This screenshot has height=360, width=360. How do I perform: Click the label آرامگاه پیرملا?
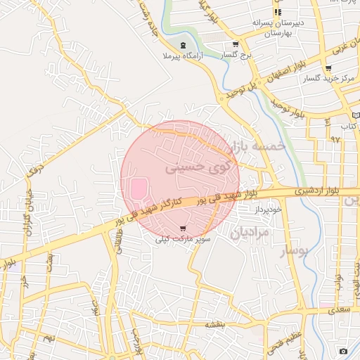(184, 54)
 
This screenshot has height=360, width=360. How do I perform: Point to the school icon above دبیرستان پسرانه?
(278, 13)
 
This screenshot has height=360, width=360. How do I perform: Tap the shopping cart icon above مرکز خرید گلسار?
(328, 68)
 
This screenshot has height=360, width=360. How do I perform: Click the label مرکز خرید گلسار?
(328, 78)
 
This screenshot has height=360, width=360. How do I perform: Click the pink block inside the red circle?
(139, 189)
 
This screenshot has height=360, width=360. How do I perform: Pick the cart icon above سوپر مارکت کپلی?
(184, 229)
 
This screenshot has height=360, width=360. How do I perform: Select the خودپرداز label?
(269, 210)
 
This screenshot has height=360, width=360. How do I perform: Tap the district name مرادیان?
(250, 232)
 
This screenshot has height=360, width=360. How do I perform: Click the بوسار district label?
(295, 251)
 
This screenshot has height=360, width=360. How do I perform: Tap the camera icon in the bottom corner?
(343, 351)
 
